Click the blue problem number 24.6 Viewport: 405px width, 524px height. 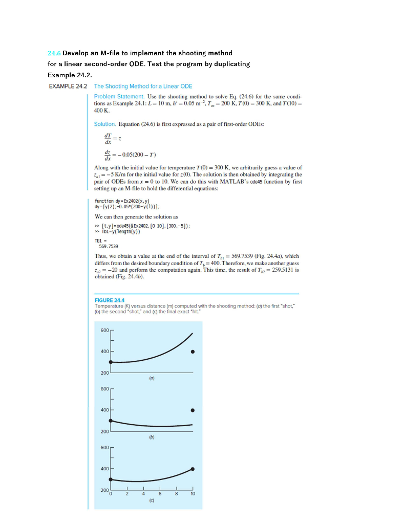pyautogui.click(x=54, y=53)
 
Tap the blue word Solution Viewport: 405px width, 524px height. pyautogui.click(x=105, y=124)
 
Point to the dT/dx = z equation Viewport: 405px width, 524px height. pyautogui.click(x=112, y=137)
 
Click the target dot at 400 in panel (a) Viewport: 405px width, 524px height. pyautogui.click(x=193, y=352)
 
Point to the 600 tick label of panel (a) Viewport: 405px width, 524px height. pyautogui.click(x=104, y=330)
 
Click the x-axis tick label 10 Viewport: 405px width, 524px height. pyautogui.click(x=193, y=495)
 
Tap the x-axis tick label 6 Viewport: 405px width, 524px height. pyautogui.click(x=160, y=495)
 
